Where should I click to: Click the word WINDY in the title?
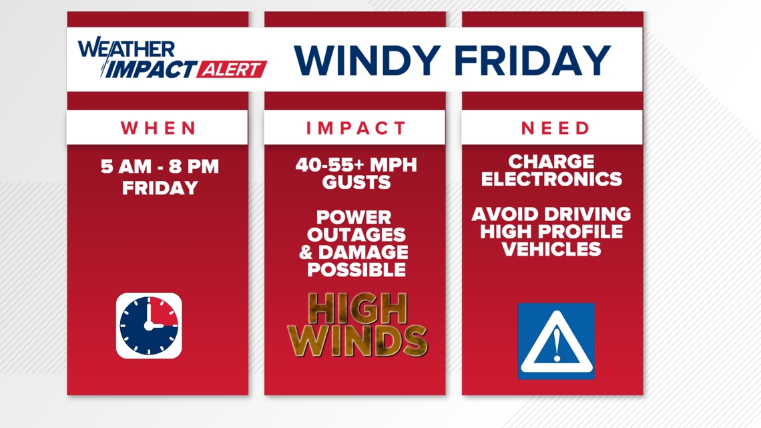[367, 60]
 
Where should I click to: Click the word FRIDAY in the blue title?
[533, 60]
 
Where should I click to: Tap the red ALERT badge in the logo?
[232, 69]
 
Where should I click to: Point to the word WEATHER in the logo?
[126, 49]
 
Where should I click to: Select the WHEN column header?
[158, 128]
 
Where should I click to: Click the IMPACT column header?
[356, 128]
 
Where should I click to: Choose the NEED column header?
[555, 128]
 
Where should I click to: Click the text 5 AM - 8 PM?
[160, 166]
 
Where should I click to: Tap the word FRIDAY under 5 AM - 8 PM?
[160, 188]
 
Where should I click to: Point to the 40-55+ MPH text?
[356, 165]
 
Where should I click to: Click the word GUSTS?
[356, 182]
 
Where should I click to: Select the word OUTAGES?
[356, 235]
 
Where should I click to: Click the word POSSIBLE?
[356, 270]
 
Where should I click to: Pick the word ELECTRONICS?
[551, 179]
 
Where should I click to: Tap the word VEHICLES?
[551, 250]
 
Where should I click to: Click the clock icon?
[149, 326]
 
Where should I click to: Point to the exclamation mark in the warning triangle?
[557, 345]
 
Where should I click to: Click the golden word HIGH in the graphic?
[358, 308]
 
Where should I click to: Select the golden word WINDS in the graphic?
[357, 341]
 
